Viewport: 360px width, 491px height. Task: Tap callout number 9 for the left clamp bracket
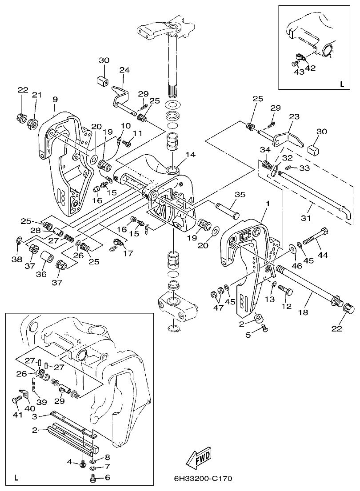coord(55,99)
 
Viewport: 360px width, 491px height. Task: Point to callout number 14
coord(191,155)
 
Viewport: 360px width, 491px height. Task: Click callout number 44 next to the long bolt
coord(322,255)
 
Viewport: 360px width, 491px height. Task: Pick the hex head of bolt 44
coord(324,232)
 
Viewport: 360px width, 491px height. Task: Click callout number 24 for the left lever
coord(124,70)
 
